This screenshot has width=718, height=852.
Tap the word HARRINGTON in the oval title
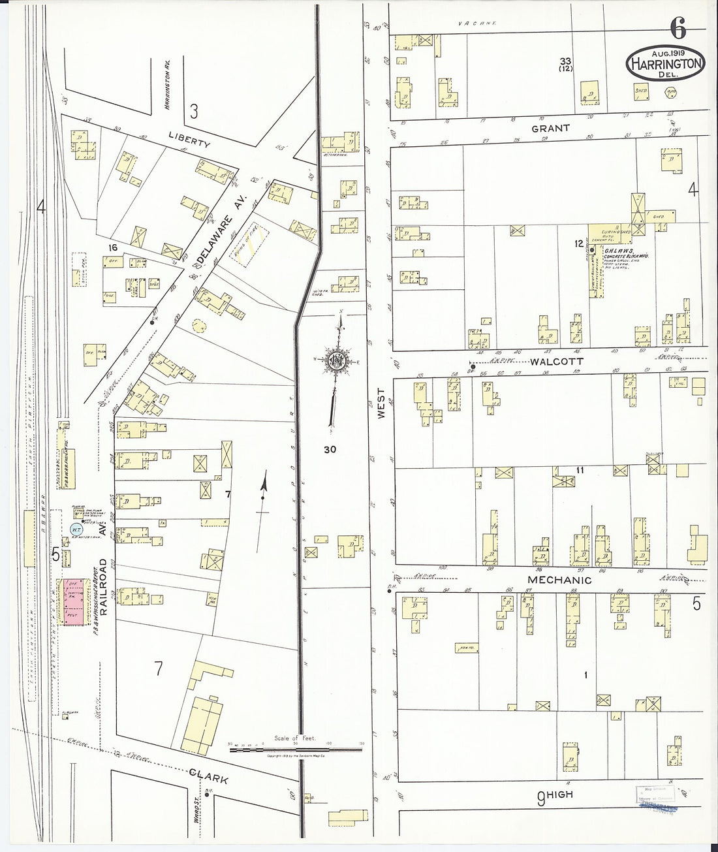[x=666, y=63]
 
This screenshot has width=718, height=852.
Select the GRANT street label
[x=550, y=129]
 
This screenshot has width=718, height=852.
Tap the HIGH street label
[x=559, y=795]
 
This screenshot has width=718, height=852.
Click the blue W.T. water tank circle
[x=75, y=528]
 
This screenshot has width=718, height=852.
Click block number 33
[x=565, y=61]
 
